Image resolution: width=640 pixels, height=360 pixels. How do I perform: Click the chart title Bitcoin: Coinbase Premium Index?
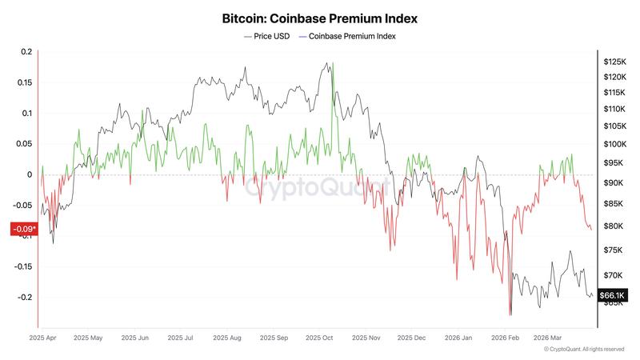320,17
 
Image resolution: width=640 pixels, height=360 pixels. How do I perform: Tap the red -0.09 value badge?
22,230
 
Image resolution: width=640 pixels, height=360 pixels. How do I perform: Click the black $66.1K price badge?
612,294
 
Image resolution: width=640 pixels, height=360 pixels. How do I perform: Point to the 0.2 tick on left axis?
26,52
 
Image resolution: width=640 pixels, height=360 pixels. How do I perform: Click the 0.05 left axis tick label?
24,144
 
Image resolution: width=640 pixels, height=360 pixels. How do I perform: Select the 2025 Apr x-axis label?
43,338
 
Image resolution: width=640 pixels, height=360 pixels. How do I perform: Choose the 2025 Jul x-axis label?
181,338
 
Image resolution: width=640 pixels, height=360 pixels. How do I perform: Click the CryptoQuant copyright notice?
584,350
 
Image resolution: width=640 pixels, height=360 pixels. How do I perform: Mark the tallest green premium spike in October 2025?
332,64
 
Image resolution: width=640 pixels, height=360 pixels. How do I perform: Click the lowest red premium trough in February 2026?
509,314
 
